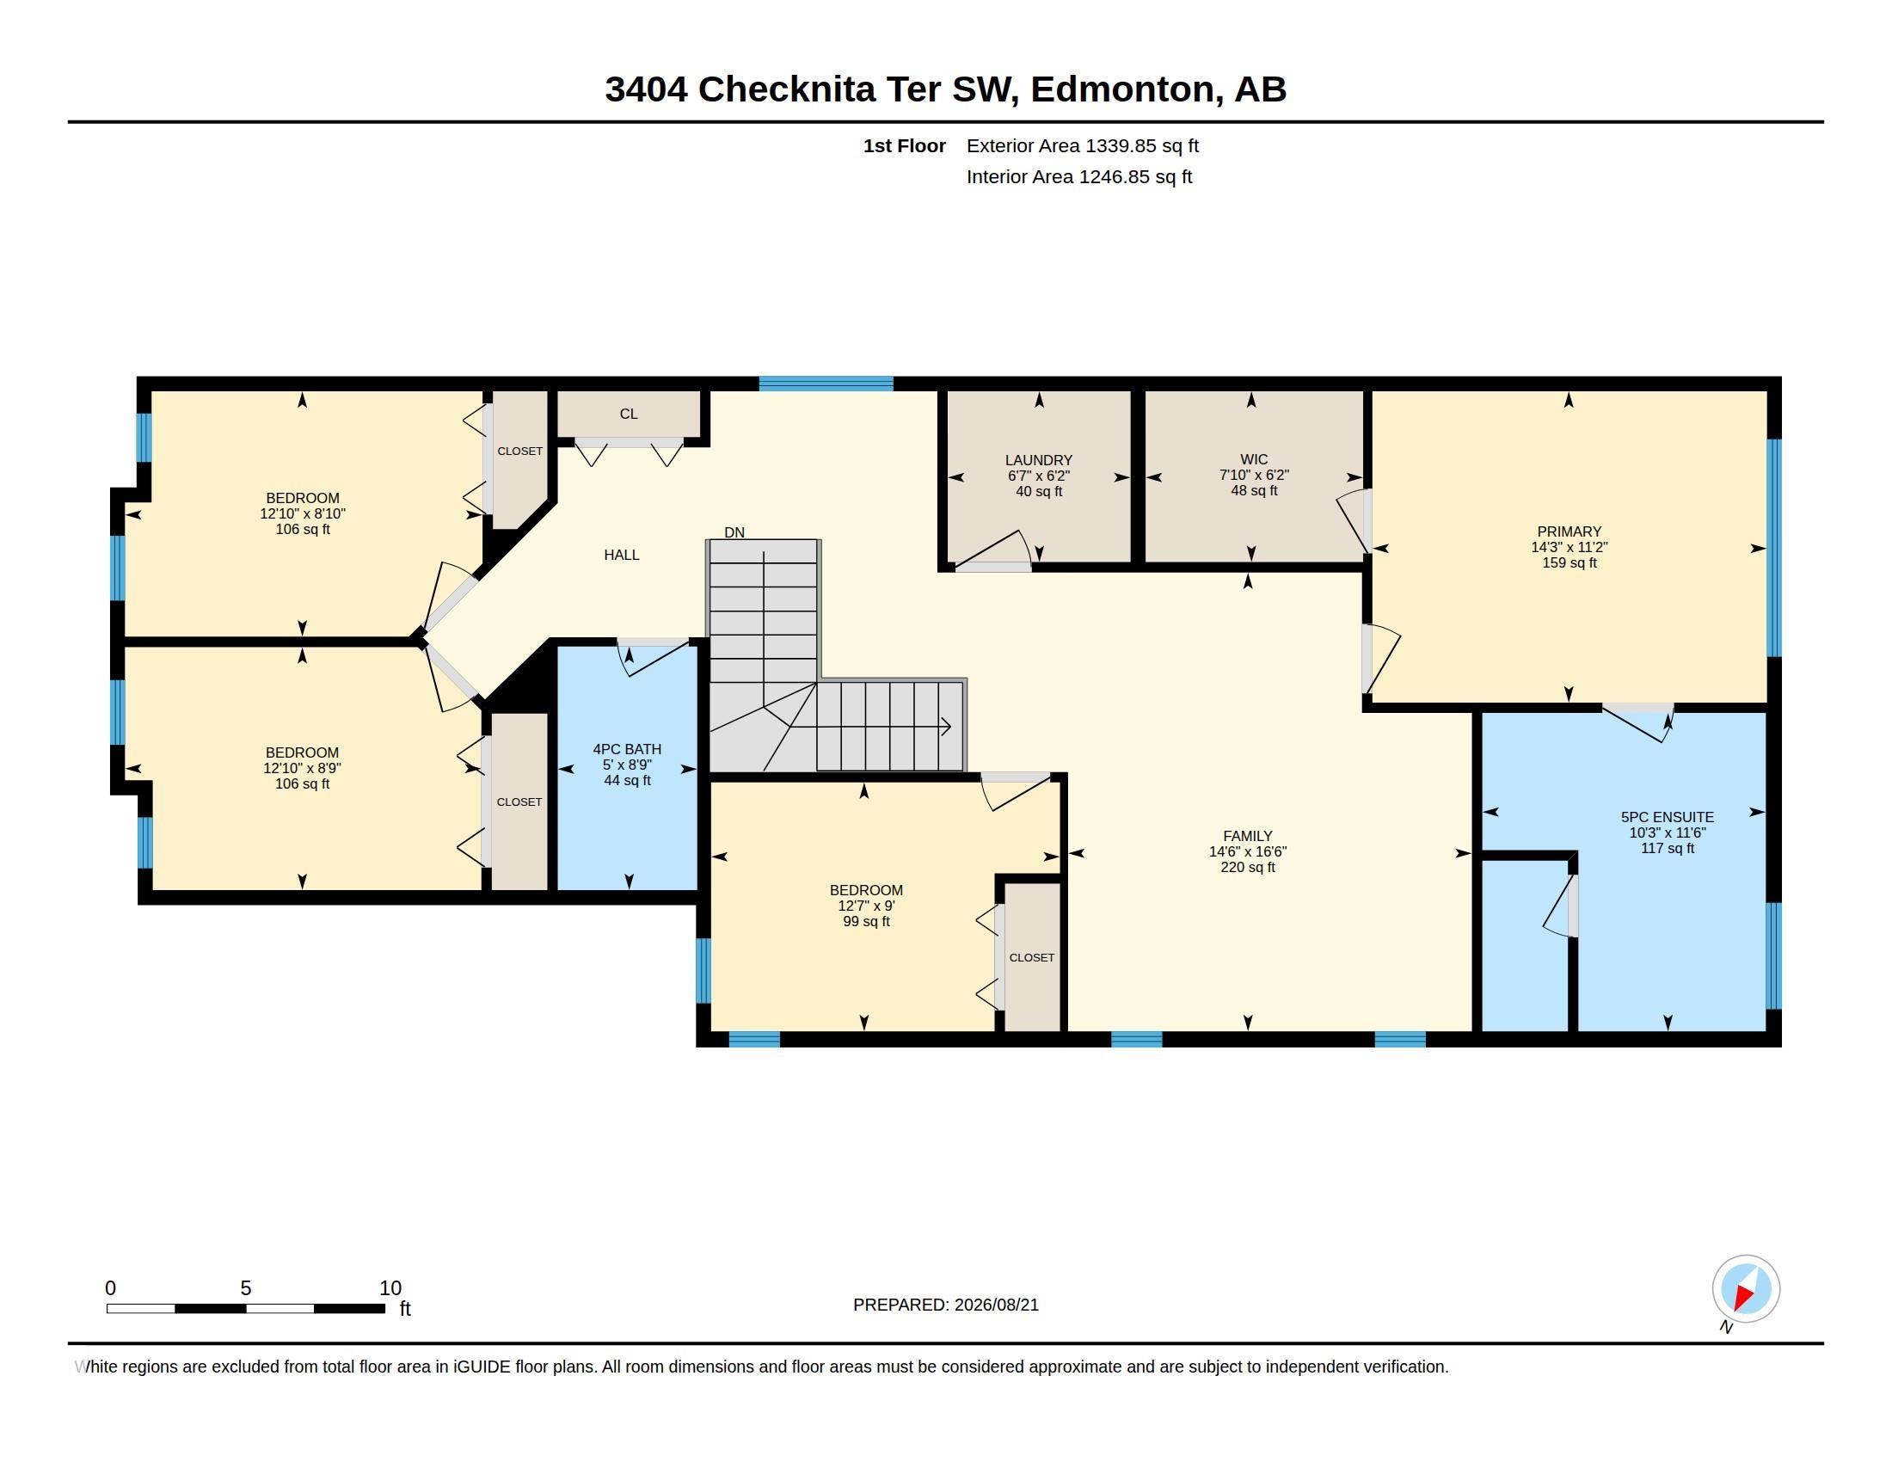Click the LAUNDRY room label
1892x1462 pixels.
pos(1039,460)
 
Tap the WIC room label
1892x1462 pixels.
pos(1254,459)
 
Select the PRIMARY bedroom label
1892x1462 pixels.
pos(1569,531)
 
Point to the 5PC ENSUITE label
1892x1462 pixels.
pos(1667,817)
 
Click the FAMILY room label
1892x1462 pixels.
pos(1248,836)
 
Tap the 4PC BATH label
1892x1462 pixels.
pos(627,749)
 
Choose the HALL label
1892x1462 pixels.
pos(621,555)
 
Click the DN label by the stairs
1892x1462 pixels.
pos(734,531)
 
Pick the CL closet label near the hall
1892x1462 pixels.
pos(628,414)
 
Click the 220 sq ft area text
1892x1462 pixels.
pos(1248,867)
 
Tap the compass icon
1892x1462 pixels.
pos(1745,1289)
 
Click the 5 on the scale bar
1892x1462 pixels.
pos(246,1288)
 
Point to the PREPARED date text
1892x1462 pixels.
pos(946,1305)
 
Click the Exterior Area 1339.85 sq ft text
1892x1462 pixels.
pos(1083,145)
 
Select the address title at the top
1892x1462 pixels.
pos(946,89)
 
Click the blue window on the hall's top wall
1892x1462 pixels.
pos(826,384)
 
